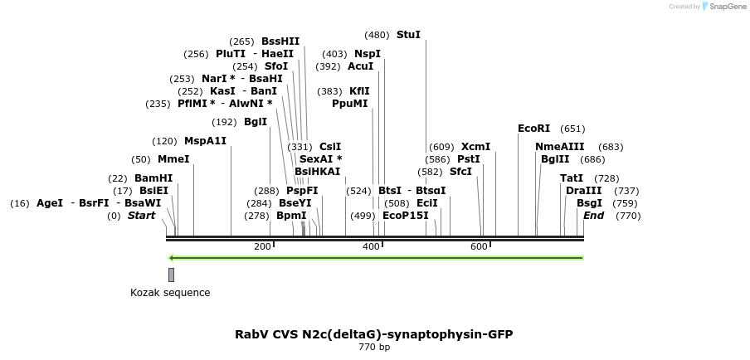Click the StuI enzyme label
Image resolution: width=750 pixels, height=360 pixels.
pyautogui.click(x=408, y=35)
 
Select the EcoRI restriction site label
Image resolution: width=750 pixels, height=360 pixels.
pyautogui.click(x=533, y=129)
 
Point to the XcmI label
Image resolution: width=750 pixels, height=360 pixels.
pyautogui.click(x=475, y=147)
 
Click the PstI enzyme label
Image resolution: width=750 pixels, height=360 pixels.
pyautogui.click(x=469, y=159)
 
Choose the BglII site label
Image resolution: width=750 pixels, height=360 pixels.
pyautogui.click(x=555, y=159)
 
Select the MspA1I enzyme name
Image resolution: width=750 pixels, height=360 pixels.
pyautogui.click(x=205, y=141)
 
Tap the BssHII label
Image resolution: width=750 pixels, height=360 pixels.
pyautogui.click(x=280, y=41)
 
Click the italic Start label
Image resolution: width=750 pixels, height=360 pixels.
pyautogui.click(x=141, y=216)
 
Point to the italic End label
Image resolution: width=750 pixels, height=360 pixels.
pyautogui.click(x=593, y=216)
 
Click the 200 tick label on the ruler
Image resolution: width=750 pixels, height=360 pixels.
pyautogui.click(x=262, y=246)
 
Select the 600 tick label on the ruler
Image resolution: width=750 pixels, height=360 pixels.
pyautogui.click(x=479, y=246)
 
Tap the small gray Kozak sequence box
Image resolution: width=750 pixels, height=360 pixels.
pyautogui.click(x=171, y=275)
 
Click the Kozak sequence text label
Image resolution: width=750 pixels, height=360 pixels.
pyautogui.click(x=170, y=292)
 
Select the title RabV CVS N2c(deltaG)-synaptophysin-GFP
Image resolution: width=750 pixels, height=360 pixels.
pyautogui.click(x=374, y=334)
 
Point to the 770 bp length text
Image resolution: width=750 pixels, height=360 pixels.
pyautogui.click(x=374, y=348)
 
